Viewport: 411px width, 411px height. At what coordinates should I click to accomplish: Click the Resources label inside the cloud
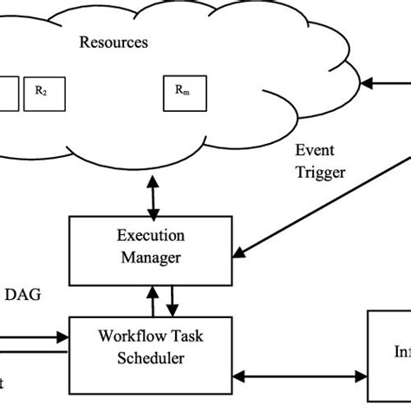tap(114, 42)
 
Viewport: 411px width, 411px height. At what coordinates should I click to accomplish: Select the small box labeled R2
tap(40, 91)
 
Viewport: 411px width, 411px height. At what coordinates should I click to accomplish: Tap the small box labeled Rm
tap(179, 91)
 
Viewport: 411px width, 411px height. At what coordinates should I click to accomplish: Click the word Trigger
tap(320, 172)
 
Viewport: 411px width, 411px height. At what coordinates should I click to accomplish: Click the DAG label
tap(24, 295)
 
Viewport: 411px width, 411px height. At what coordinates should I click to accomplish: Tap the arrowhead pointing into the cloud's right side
tap(366, 83)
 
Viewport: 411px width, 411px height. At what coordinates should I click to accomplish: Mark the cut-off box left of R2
tap(8, 93)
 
